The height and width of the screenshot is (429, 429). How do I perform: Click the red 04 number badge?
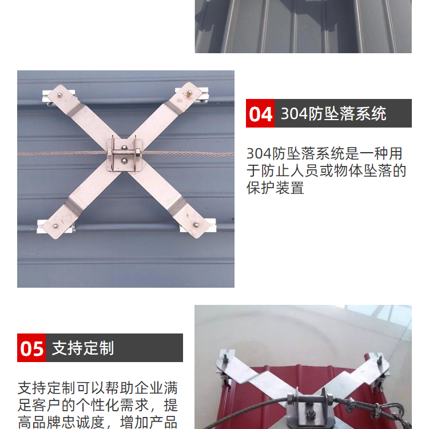click(260, 113)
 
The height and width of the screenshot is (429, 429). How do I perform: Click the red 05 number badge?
click(31, 348)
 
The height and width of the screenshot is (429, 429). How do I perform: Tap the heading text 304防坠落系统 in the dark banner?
click(333, 114)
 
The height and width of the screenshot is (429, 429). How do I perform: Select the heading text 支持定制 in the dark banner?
click(82, 348)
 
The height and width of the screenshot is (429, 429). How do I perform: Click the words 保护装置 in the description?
click(275, 188)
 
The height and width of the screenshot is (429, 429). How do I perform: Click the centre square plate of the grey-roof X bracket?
click(125, 155)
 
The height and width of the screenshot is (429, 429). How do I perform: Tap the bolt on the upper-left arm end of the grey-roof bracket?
click(59, 95)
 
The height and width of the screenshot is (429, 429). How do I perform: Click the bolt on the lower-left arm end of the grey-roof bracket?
click(55, 227)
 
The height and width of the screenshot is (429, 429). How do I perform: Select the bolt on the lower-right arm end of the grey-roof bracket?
click(196, 225)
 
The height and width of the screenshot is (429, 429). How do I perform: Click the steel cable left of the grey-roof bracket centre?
click(62, 153)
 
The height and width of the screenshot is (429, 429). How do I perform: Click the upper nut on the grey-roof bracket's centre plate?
click(124, 148)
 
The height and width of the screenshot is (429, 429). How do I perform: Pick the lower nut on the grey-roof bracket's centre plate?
click(124, 161)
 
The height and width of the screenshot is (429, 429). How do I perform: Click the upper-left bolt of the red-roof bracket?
click(225, 358)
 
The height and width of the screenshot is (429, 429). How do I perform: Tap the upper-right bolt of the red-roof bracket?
click(380, 359)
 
